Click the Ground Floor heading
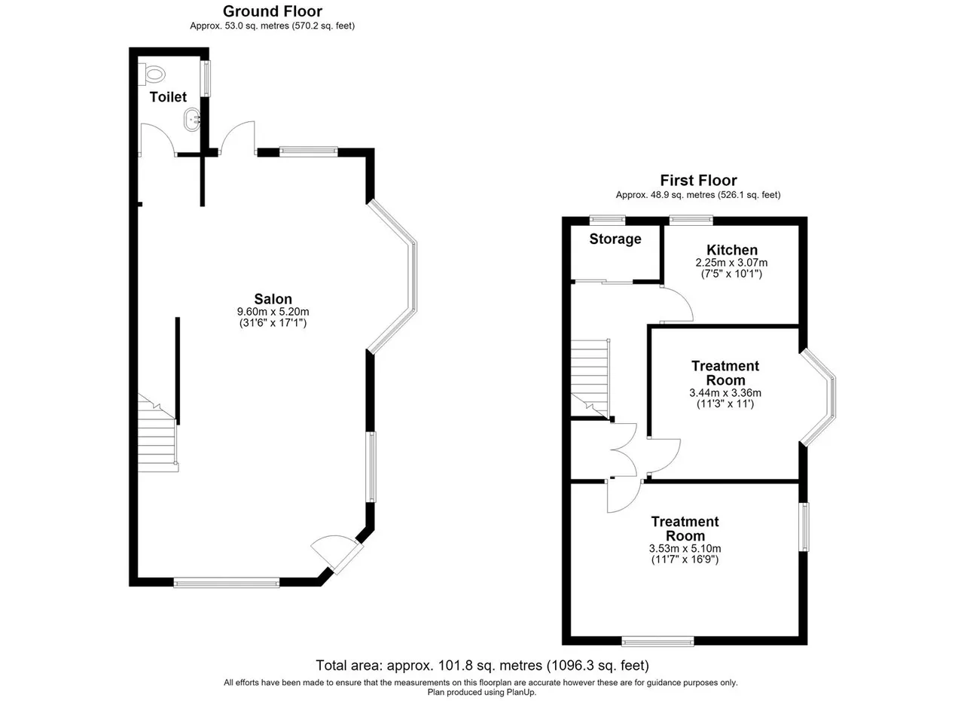273,11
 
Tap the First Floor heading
698,180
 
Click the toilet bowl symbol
152,75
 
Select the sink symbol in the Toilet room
192,119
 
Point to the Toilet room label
168,97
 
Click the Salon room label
273,299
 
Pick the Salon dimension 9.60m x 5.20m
273,311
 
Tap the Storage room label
615,239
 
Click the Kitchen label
731,250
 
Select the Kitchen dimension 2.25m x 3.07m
731,263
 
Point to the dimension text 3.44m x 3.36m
725,392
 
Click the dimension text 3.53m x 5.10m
685,548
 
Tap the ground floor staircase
158,434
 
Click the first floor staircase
590,379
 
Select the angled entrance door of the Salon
337,554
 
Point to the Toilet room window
207,78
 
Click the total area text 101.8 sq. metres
490,666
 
